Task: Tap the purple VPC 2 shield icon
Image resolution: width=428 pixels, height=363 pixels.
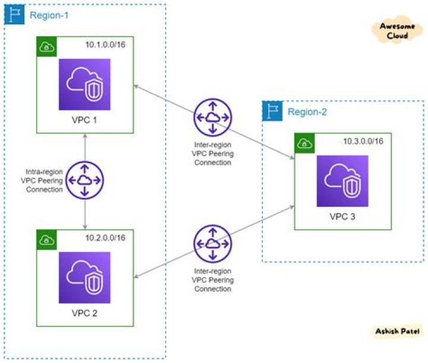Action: pyautogui.click(x=84, y=278)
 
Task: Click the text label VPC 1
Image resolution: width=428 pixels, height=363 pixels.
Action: pyautogui.click(x=84, y=120)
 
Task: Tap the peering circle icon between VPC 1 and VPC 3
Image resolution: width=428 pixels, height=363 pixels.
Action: pyautogui.click(x=212, y=118)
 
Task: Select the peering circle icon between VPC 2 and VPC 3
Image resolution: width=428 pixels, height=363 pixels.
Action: pyautogui.click(x=212, y=244)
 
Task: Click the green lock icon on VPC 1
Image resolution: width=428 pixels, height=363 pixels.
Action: pyautogui.click(x=45, y=46)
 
